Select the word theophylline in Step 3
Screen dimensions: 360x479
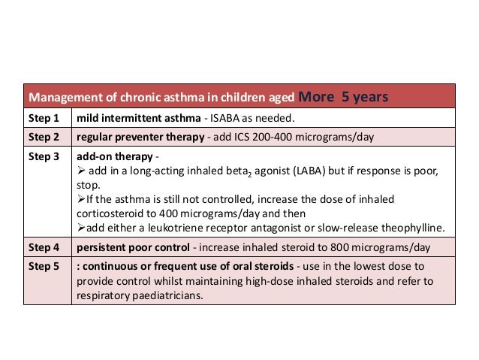click(414, 228)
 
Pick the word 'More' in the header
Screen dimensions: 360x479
click(315, 96)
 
